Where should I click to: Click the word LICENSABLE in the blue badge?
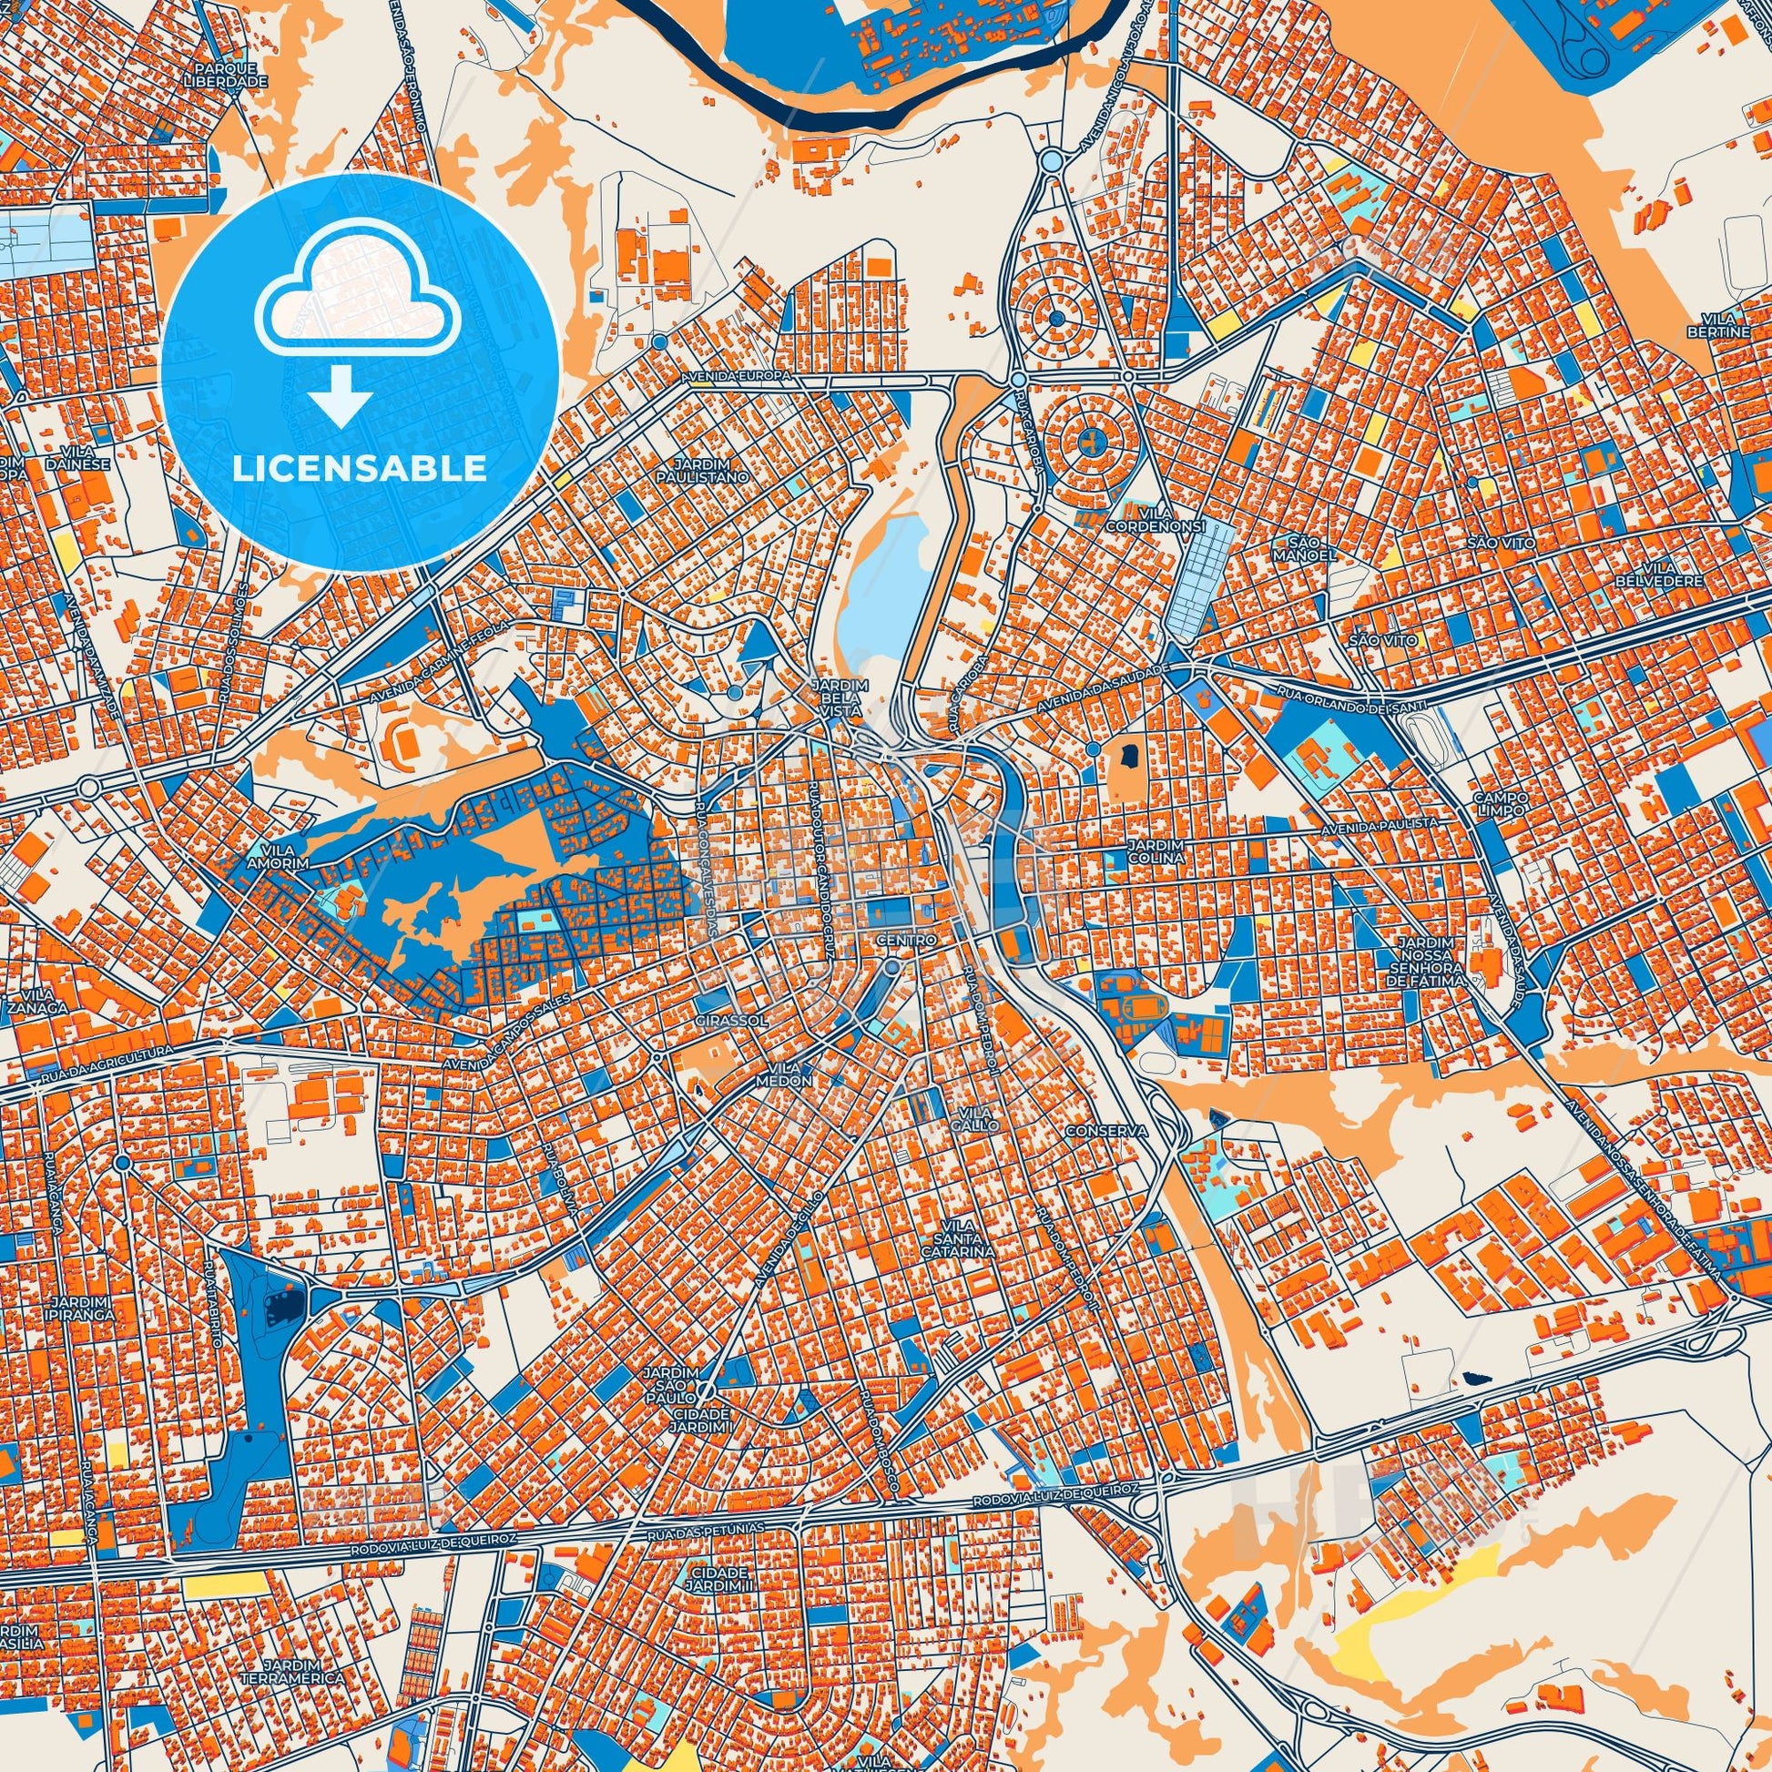[360, 469]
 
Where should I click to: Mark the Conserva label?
[1107, 1132]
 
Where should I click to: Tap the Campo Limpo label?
[1499, 804]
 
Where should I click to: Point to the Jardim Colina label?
[1158, 850]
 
